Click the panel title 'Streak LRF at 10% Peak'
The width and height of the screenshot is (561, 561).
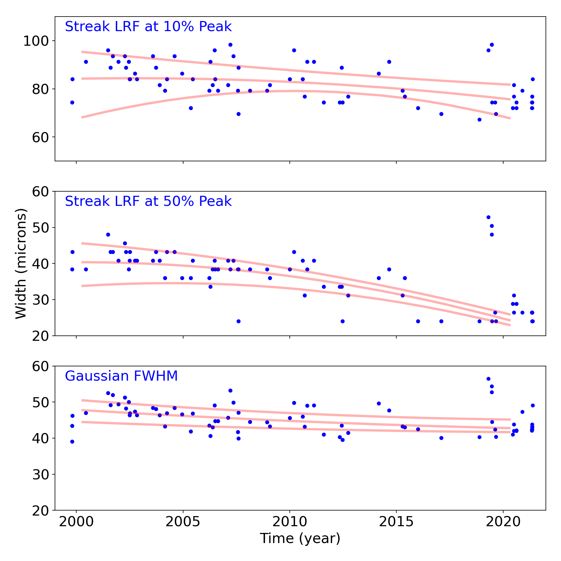[x=148, y=27]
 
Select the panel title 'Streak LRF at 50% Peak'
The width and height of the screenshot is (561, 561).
[x=148, y=201]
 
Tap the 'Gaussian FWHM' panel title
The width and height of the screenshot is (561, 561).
[x=121, y=376]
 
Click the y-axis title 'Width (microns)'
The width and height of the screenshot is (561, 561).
[x=21, y=263]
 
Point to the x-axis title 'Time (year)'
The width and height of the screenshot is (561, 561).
[x=300, y=538]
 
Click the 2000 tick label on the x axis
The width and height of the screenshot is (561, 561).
[x=76, y=522]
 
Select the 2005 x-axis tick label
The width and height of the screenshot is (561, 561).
[x=183, y=522]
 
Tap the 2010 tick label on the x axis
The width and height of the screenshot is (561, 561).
[x=289, y=522]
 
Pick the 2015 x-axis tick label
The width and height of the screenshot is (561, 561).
[x=396, y=522]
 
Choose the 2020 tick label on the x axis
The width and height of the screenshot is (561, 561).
[x=503, y=522]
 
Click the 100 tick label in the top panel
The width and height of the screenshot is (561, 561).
[x=36, y=41]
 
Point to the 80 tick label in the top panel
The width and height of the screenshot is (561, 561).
[x=40, y=89]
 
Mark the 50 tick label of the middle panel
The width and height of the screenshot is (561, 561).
[x=40, y=227]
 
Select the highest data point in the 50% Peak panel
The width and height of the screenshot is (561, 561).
[x=488, y=217]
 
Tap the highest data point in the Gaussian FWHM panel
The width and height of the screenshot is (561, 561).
[x=488, y=379]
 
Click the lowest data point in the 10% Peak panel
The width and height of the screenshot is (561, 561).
[x=479, y=120]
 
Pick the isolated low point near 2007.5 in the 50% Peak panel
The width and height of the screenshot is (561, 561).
[x=238, y=321]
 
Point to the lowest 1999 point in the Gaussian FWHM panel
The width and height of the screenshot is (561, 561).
[x=72, y=442]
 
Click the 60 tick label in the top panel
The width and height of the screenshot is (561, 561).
[x=40, y=137]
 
